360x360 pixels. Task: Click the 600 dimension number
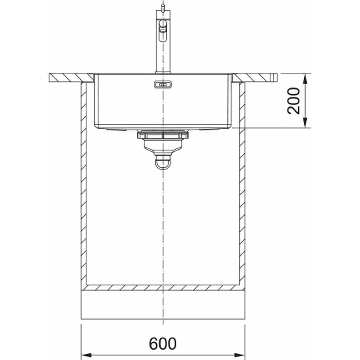(x=163, y=343)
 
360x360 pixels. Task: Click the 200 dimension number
(x=294, y=100)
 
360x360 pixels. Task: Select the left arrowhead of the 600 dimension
(x=87, y=355)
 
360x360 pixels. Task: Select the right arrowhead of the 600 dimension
(x=239, y=355)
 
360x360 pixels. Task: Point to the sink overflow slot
(x=163, y=85)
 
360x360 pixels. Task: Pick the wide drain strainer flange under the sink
(x=163, y=134)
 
